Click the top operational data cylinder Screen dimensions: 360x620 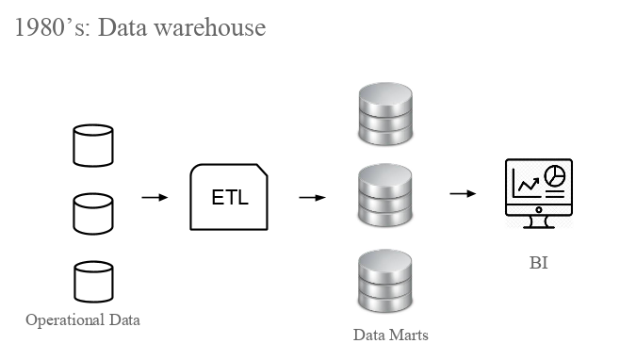[93, 145]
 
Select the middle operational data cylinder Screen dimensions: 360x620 [93, 213]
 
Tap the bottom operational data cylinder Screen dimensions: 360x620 [93, 282]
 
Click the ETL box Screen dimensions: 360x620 [229, 198]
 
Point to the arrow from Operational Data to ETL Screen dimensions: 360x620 [155, 198]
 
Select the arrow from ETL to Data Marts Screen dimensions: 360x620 [312, 198]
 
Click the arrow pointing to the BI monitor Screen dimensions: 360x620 [462, 194]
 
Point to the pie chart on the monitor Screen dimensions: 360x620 [556, 175]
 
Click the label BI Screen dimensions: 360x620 [538, 263]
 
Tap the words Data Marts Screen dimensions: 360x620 [390, 335]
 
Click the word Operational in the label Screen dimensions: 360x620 [63, 320]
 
